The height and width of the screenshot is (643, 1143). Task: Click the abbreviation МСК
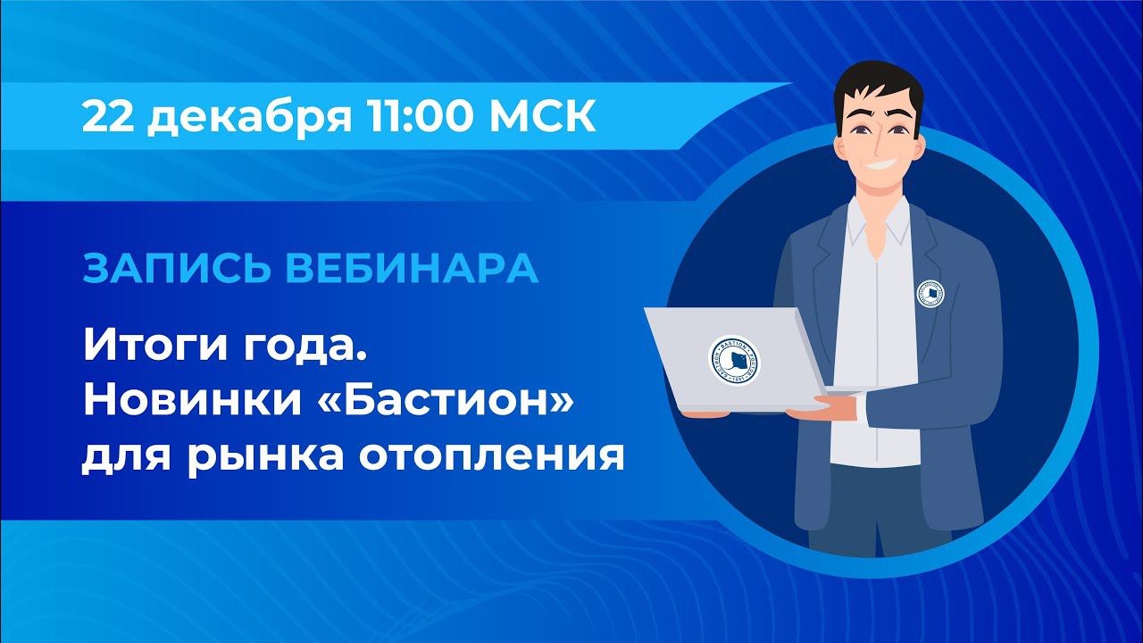click(545, 117)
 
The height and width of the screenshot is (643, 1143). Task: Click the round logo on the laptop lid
click(733, 362)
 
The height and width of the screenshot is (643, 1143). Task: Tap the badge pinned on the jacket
click(930, 294)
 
